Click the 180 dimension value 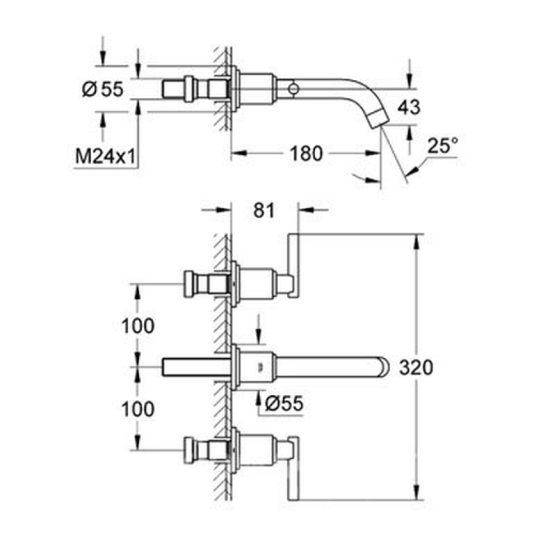coord(306,154)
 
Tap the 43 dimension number coord(409,107)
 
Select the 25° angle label coord(443,146)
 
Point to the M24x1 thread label coord(105,157)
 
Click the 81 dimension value coord(264,210)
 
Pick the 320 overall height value coord(416,368)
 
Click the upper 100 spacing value coord(138,326)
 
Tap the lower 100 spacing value coord(138,409)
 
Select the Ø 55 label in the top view coord(103,89)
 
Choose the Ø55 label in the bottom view coord(284,404)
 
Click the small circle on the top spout coord(293,89)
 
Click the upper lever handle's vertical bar coord(293,266)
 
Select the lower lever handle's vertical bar coord(293,468)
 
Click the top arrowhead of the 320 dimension coord(416,241)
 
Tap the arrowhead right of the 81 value coord(306,210)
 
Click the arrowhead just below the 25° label coord(412,170)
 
